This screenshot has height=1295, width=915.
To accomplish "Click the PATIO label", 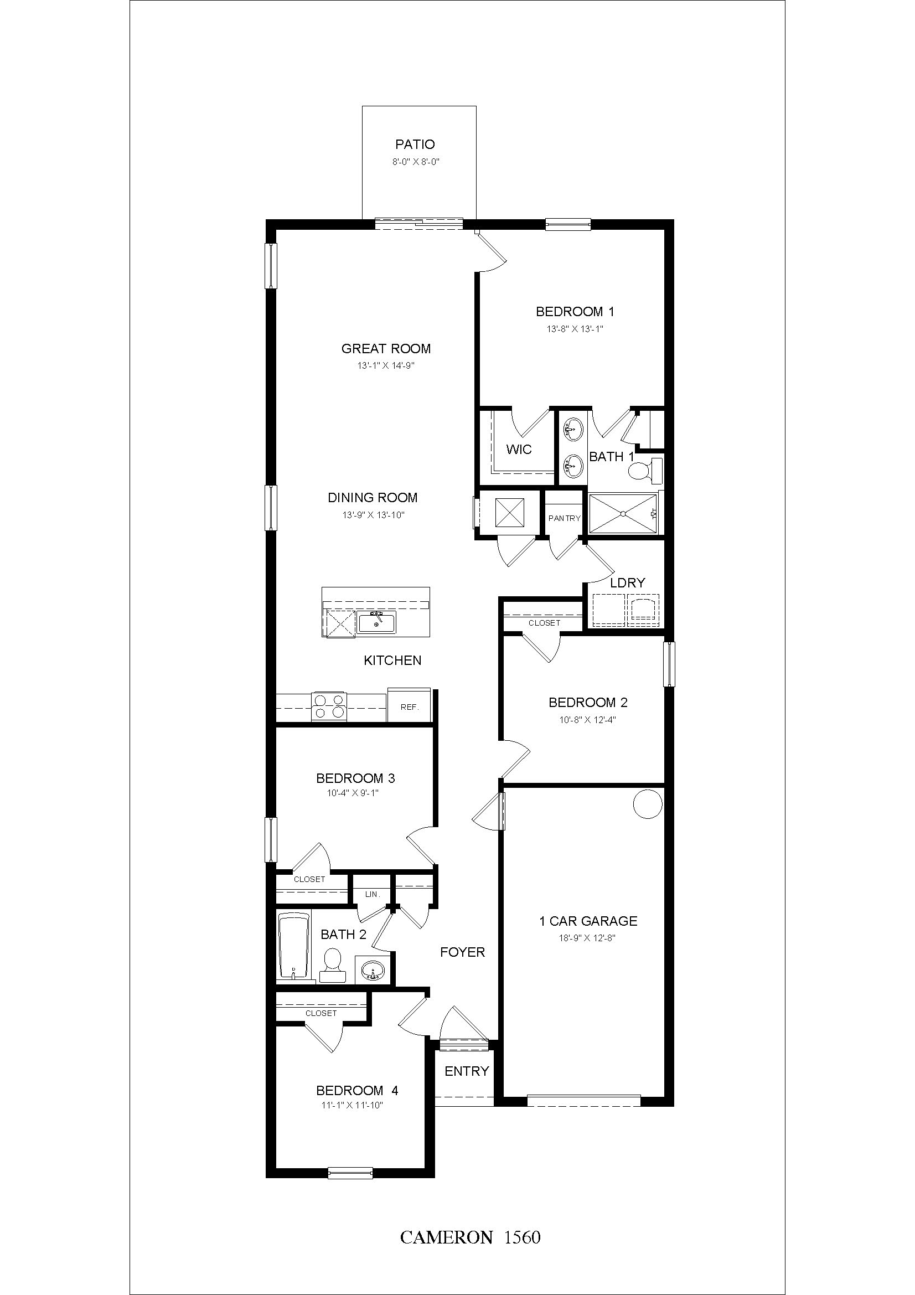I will click(x=415, y=145).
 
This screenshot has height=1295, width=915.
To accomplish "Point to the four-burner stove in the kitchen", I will click(x=329, y=706).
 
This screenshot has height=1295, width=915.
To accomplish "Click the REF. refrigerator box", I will click(x=409, y=706).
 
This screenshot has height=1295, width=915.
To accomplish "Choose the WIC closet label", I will click(x=519, y=450).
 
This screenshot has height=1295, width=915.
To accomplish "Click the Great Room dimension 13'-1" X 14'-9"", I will click(x=386, y=365).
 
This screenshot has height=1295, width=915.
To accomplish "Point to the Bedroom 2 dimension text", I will click(x=588, y=720).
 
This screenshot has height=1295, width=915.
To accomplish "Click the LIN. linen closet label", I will click(x=373, y=894).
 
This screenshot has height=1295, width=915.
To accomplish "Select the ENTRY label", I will click(x=467, y=1071).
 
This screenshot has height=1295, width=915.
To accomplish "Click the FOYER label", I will click(x=462, y=952).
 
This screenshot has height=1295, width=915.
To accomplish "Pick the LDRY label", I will click(x=628, y=582).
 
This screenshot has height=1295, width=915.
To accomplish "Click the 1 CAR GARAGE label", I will click(x=588, y=921).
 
